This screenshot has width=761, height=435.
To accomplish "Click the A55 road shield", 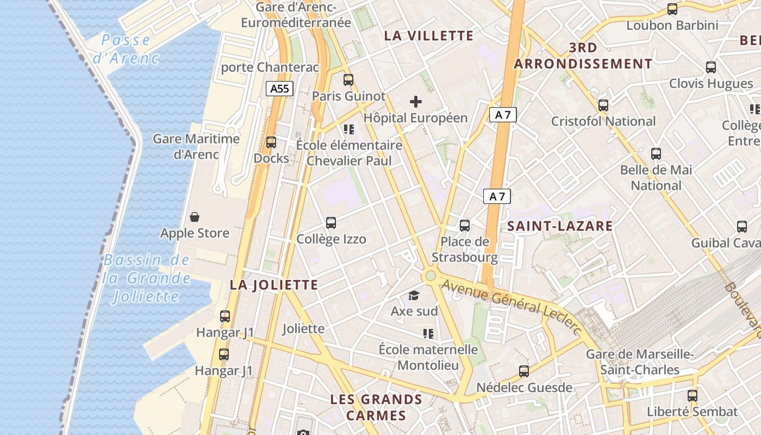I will coord(279,89).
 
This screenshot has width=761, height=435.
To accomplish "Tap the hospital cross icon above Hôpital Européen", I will coord(416,101).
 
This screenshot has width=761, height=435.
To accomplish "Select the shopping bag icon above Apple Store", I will coord(195,217).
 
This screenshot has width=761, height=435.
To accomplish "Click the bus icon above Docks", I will coord(271,142).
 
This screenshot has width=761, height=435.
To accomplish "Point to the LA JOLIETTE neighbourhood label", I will coord(273,285).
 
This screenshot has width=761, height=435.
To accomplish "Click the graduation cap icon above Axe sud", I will coord(414,295).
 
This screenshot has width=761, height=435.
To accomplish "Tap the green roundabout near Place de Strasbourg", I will coord(431,276).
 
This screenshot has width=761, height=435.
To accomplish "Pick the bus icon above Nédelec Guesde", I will coord(523,371).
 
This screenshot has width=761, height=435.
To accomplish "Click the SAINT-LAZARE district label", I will coord(560,226).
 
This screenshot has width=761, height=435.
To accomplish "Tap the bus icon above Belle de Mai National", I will coord(656,154).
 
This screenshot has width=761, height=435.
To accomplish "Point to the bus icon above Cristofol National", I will coord(603,105).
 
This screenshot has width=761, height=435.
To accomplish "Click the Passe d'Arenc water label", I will coord(126,49).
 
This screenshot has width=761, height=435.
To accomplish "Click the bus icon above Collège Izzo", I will coord(330,223).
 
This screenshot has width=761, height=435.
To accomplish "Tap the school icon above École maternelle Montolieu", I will coord(428,333).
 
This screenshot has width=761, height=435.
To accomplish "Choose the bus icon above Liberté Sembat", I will coord(692,396).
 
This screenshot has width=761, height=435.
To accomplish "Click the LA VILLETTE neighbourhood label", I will coord(429,36).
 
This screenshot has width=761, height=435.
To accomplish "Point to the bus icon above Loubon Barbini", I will coord(672,9).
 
